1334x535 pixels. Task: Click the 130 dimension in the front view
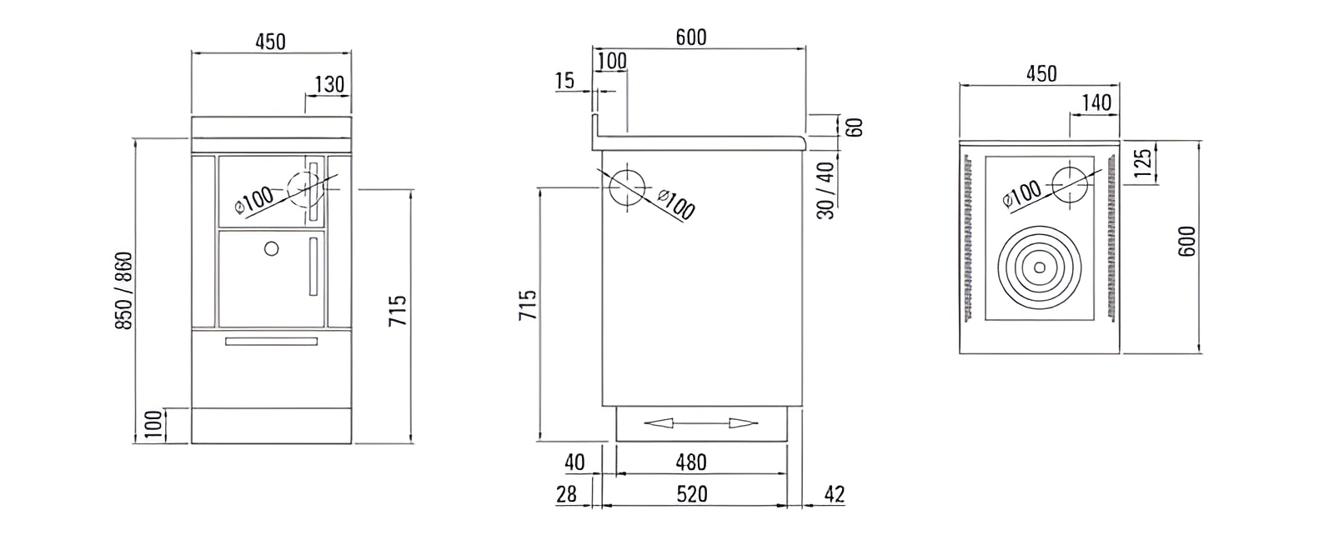(329, 84)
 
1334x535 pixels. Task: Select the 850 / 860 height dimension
(123, 289)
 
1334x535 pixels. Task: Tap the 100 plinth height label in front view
(151, 425)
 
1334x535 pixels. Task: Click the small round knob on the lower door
(270, 247)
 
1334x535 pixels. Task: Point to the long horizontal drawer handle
(271, 340)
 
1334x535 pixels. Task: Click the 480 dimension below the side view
(690, 462)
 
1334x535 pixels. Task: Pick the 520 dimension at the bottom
(691, 493)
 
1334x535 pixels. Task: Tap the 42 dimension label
(833, 493)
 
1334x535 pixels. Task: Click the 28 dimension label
(566, 493)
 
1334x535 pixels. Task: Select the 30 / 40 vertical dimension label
(825, 190)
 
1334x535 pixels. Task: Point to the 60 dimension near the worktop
(854, 127)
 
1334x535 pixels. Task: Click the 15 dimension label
(564, 81)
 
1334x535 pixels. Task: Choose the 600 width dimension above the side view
(690, 37)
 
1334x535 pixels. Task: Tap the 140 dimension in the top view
(1096, 102)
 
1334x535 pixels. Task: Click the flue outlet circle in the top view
(1070, 184)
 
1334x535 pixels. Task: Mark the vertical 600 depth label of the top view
(1188, 241)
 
